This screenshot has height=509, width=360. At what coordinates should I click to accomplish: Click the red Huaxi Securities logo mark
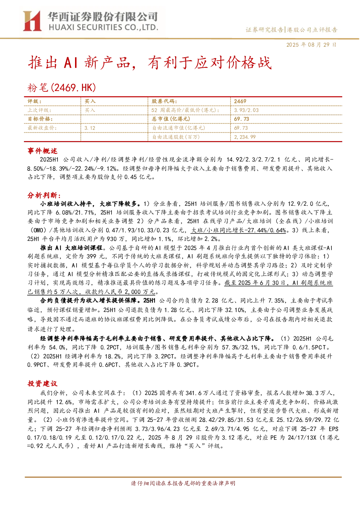coord(32,21)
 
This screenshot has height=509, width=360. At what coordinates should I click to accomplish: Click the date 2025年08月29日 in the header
coord(311,45)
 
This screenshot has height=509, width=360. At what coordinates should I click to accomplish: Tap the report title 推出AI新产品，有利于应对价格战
coord(150,63)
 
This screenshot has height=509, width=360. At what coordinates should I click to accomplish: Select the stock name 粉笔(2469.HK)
coord(62,87)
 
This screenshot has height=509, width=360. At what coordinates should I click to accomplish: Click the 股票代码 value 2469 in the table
coord(240,102)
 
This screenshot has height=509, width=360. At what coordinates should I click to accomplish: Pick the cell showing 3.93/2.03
coord(247,110)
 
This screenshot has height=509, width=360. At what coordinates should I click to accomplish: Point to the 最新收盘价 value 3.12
coord(90,128)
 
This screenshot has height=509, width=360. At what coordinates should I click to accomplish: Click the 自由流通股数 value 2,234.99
coord(245,137)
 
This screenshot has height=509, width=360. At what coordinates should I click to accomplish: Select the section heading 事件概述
coord(42,151)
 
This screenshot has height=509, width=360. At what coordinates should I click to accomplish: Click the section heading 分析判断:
coord(44,195)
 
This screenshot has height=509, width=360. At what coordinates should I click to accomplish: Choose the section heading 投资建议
coord(42,384)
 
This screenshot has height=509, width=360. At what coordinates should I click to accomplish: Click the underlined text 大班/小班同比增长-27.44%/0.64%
coord(239,230)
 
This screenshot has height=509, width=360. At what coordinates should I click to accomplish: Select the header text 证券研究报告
coord(265,30)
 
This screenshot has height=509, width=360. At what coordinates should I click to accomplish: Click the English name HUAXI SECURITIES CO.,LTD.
coord(103,27)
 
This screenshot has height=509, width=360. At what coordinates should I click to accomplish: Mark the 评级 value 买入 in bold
coord(90,102)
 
